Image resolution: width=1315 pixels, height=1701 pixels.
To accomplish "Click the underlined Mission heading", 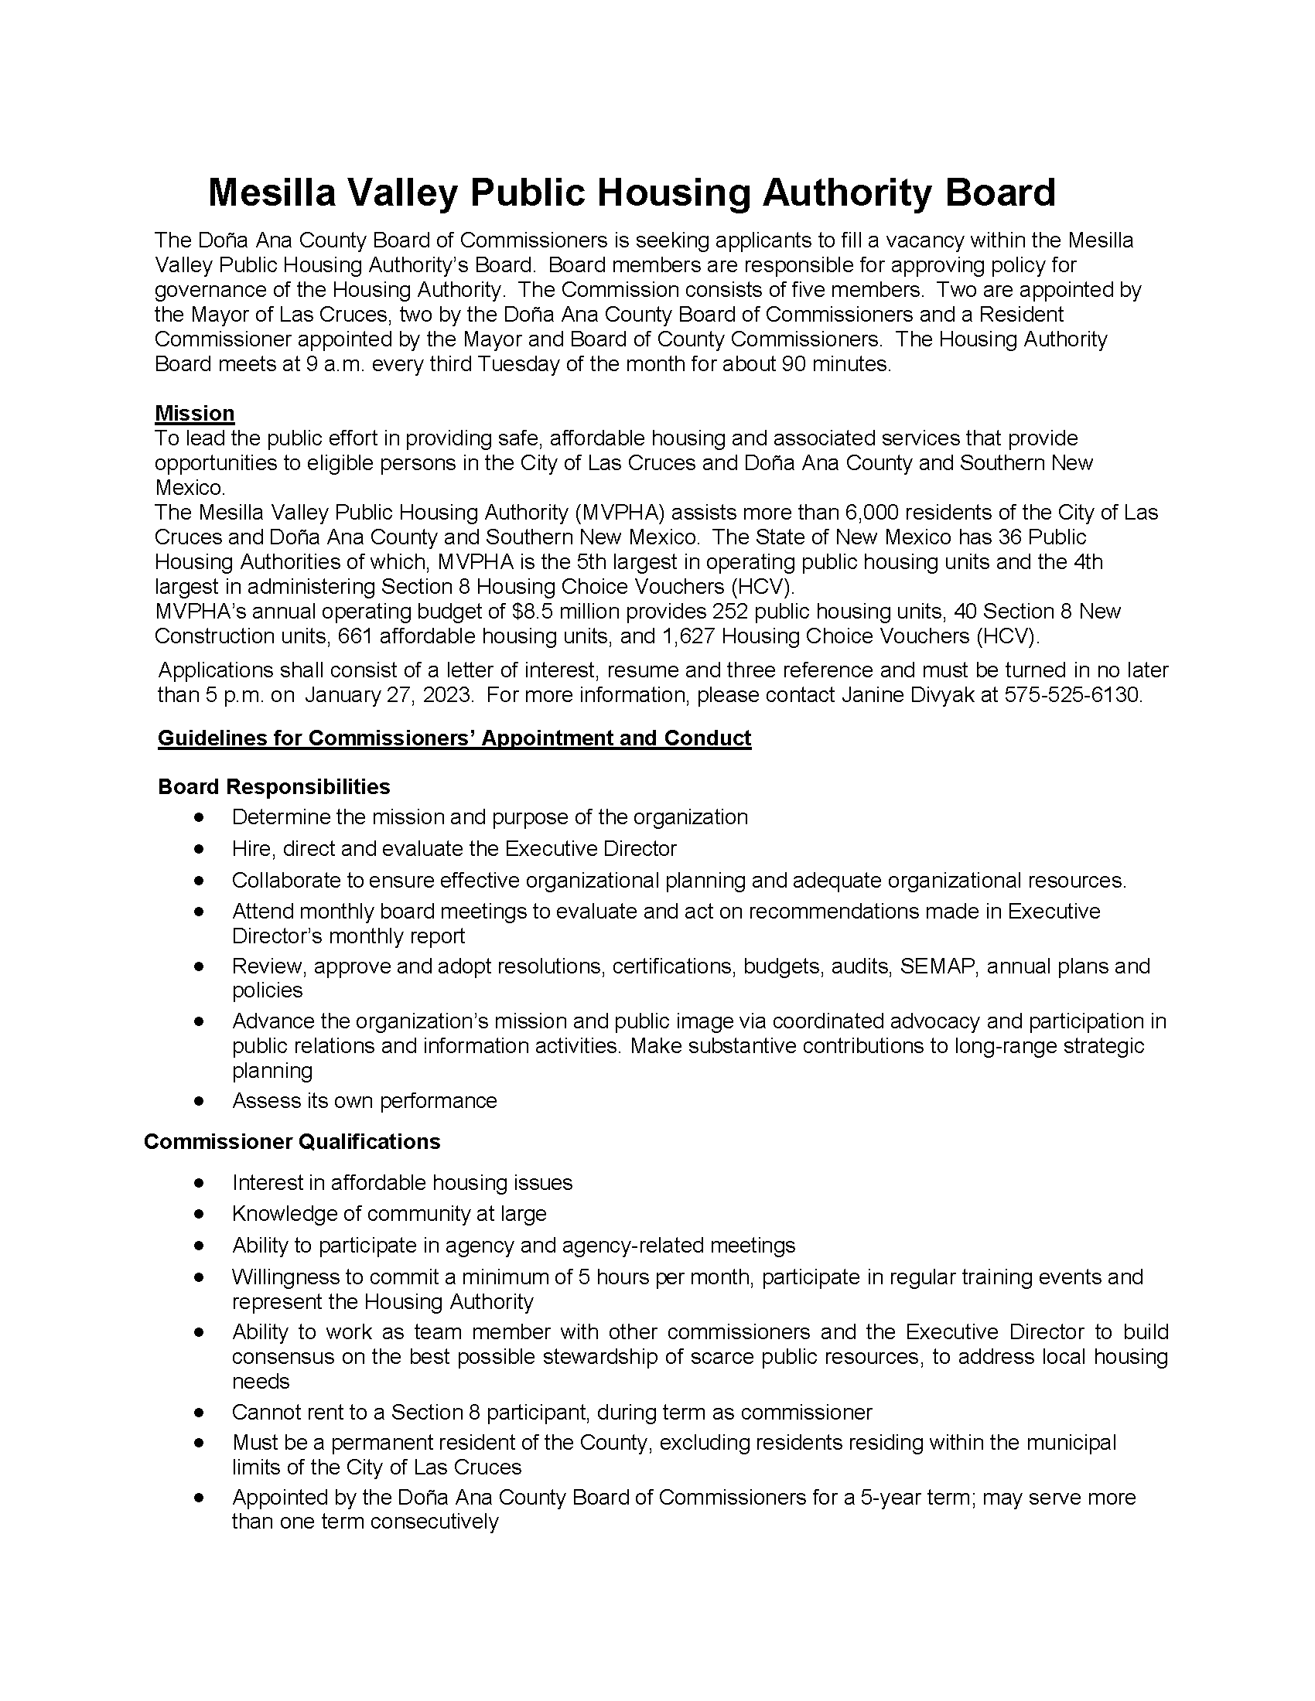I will point(195,414).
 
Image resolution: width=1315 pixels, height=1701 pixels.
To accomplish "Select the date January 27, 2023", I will point(389,695).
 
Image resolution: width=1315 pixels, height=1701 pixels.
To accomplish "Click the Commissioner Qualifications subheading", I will point(292,1142).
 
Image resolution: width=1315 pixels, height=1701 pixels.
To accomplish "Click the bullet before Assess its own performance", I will point(200,1101).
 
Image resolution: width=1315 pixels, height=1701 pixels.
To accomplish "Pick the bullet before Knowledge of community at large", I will point(200,1214).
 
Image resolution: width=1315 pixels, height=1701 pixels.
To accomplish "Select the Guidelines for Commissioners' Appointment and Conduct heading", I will point(454,738).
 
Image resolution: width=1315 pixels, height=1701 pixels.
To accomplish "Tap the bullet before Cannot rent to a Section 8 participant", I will point(200,1413).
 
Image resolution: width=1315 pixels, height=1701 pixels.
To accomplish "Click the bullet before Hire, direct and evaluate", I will point(200,849).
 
